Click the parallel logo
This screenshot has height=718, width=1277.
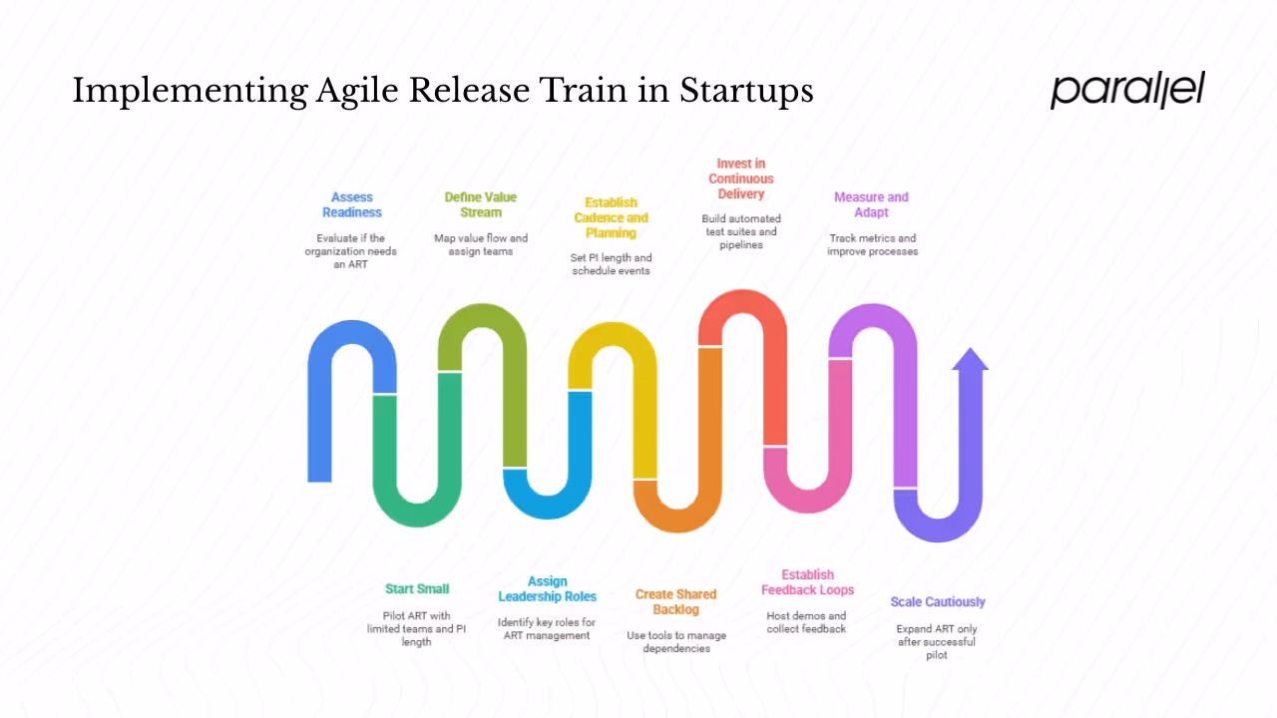click(x=1127, y=89)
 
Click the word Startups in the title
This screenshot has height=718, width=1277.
click(x=746, y=92)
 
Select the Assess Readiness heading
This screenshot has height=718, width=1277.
click(x=351, y=204)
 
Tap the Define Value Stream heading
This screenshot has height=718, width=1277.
click(x=481, y=204)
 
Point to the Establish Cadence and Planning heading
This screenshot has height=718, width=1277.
click(x=611, y=217)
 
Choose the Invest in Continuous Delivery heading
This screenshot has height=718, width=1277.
click(x=740, y=179)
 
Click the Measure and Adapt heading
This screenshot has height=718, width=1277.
click(x=871, y=204)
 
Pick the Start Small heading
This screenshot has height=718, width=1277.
click(x=417, y=589)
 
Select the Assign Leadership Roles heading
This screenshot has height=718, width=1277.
click(x=547, y=588)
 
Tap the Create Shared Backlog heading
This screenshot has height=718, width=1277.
click(x=675, y=601)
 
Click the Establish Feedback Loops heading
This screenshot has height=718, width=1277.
click(x=807, y=582)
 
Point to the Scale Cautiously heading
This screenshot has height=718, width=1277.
click(x=937, y=602)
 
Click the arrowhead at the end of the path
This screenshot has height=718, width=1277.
click(x=970, y=360)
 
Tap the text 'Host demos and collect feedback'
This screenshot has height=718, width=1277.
click(x=806, y=622)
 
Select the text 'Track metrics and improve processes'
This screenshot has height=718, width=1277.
click(x=872, y=244)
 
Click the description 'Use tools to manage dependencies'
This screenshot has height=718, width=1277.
click(x=675, y=641)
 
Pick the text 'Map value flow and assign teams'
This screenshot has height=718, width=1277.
click(x=481, y=244)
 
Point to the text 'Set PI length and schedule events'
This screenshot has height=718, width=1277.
click(x=611, y=264)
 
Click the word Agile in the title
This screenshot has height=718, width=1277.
click(x=358, y=92)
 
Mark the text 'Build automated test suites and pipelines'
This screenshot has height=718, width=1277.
click(x=740, y=231)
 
